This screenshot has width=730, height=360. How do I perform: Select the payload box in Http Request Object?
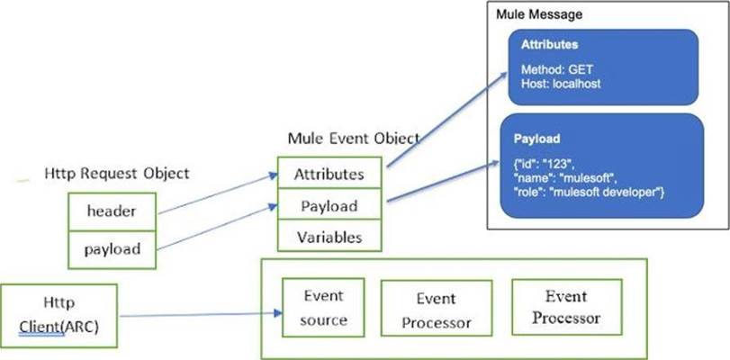[x=112, y=248]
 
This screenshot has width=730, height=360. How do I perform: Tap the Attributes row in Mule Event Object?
[x=329, y=173]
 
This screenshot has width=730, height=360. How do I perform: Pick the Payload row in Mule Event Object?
[x=329, y=206]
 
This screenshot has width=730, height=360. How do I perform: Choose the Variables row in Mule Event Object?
[x=329, y=238]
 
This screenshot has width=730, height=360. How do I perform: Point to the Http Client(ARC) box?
[x=59, y=316]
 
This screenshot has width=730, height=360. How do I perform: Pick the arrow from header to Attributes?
[x=216, y=194]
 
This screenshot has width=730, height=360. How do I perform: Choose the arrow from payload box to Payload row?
[x=216, y=229]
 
